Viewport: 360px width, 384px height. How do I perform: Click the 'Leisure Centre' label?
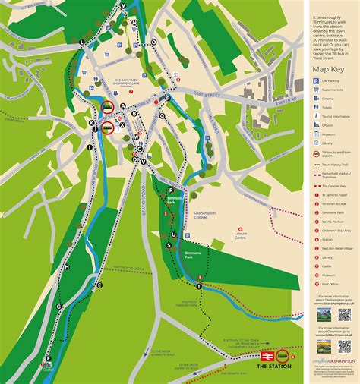[x=245, y=234]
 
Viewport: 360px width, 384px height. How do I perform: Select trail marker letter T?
[x=200, y=287]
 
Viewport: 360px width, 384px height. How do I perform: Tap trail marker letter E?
[x=99, y=285]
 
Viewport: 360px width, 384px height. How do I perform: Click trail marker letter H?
[x=67, y=268]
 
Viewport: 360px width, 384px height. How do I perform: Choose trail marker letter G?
[x=58, y=307]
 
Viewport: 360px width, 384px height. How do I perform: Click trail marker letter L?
[x=82, y=40]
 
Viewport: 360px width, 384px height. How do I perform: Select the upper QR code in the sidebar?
[x=344, y=313]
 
